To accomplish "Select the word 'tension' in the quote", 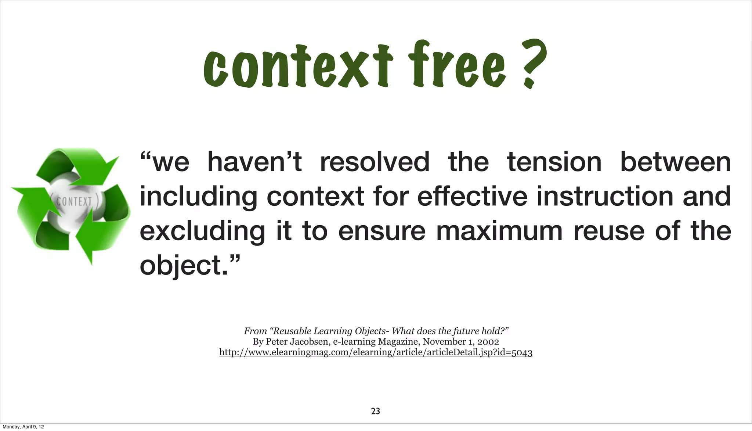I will (554, 162).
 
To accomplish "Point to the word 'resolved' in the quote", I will (375, 162).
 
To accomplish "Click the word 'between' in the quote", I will (675, 162).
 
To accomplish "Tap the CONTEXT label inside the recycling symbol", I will (75, 201).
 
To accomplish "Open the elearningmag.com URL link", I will (376, 352).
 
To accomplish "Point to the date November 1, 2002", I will (460, 342).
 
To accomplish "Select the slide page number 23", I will (376, 411).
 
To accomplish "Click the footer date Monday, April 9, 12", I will (23, 427).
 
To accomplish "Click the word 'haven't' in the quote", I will (254, 162).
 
